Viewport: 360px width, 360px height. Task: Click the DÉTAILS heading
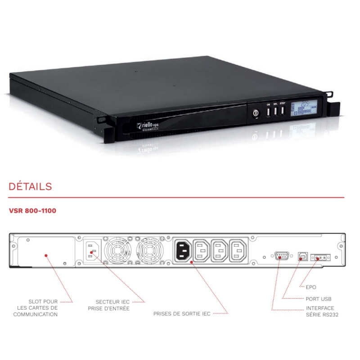(30, 186)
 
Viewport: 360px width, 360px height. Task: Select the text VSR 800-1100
(32, 210)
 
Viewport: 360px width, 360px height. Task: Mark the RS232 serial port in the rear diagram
(281, 256)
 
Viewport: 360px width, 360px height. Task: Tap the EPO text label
(311, 287)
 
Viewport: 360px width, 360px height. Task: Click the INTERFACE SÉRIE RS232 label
(319, 311)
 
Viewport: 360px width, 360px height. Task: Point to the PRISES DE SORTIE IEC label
(182, 313)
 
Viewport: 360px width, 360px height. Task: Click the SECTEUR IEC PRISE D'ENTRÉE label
(108, 305)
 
